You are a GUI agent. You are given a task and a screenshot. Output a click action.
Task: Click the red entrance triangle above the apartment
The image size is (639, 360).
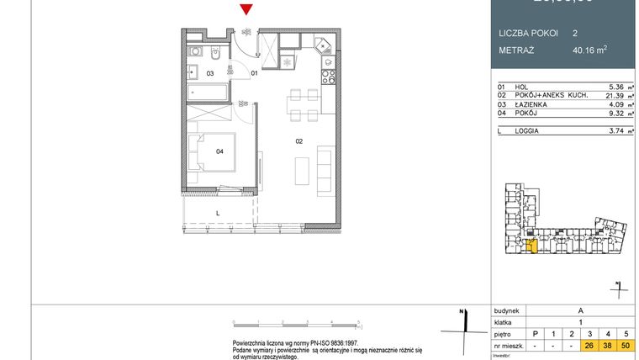tap(245, 10)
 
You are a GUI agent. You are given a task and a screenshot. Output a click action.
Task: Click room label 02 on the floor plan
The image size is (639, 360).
tap(298, 141)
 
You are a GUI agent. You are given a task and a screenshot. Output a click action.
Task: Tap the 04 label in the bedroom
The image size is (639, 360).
tap(219, 151)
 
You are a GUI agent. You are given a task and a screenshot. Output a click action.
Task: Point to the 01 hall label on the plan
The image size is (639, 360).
tap(254, 74)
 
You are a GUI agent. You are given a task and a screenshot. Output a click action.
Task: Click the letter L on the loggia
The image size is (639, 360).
tap(218, 214)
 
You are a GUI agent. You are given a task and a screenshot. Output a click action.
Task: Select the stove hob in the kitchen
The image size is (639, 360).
tap(327, 75)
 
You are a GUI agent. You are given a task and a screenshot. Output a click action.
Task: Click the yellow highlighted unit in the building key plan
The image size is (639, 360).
tap(531, 245)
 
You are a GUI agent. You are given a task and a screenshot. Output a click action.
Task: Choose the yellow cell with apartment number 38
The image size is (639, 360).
tap(608, 346)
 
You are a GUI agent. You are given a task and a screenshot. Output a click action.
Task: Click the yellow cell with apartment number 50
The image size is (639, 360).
tap(626, 346)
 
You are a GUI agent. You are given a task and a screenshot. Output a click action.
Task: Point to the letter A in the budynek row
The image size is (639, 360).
tap(580, 310)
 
